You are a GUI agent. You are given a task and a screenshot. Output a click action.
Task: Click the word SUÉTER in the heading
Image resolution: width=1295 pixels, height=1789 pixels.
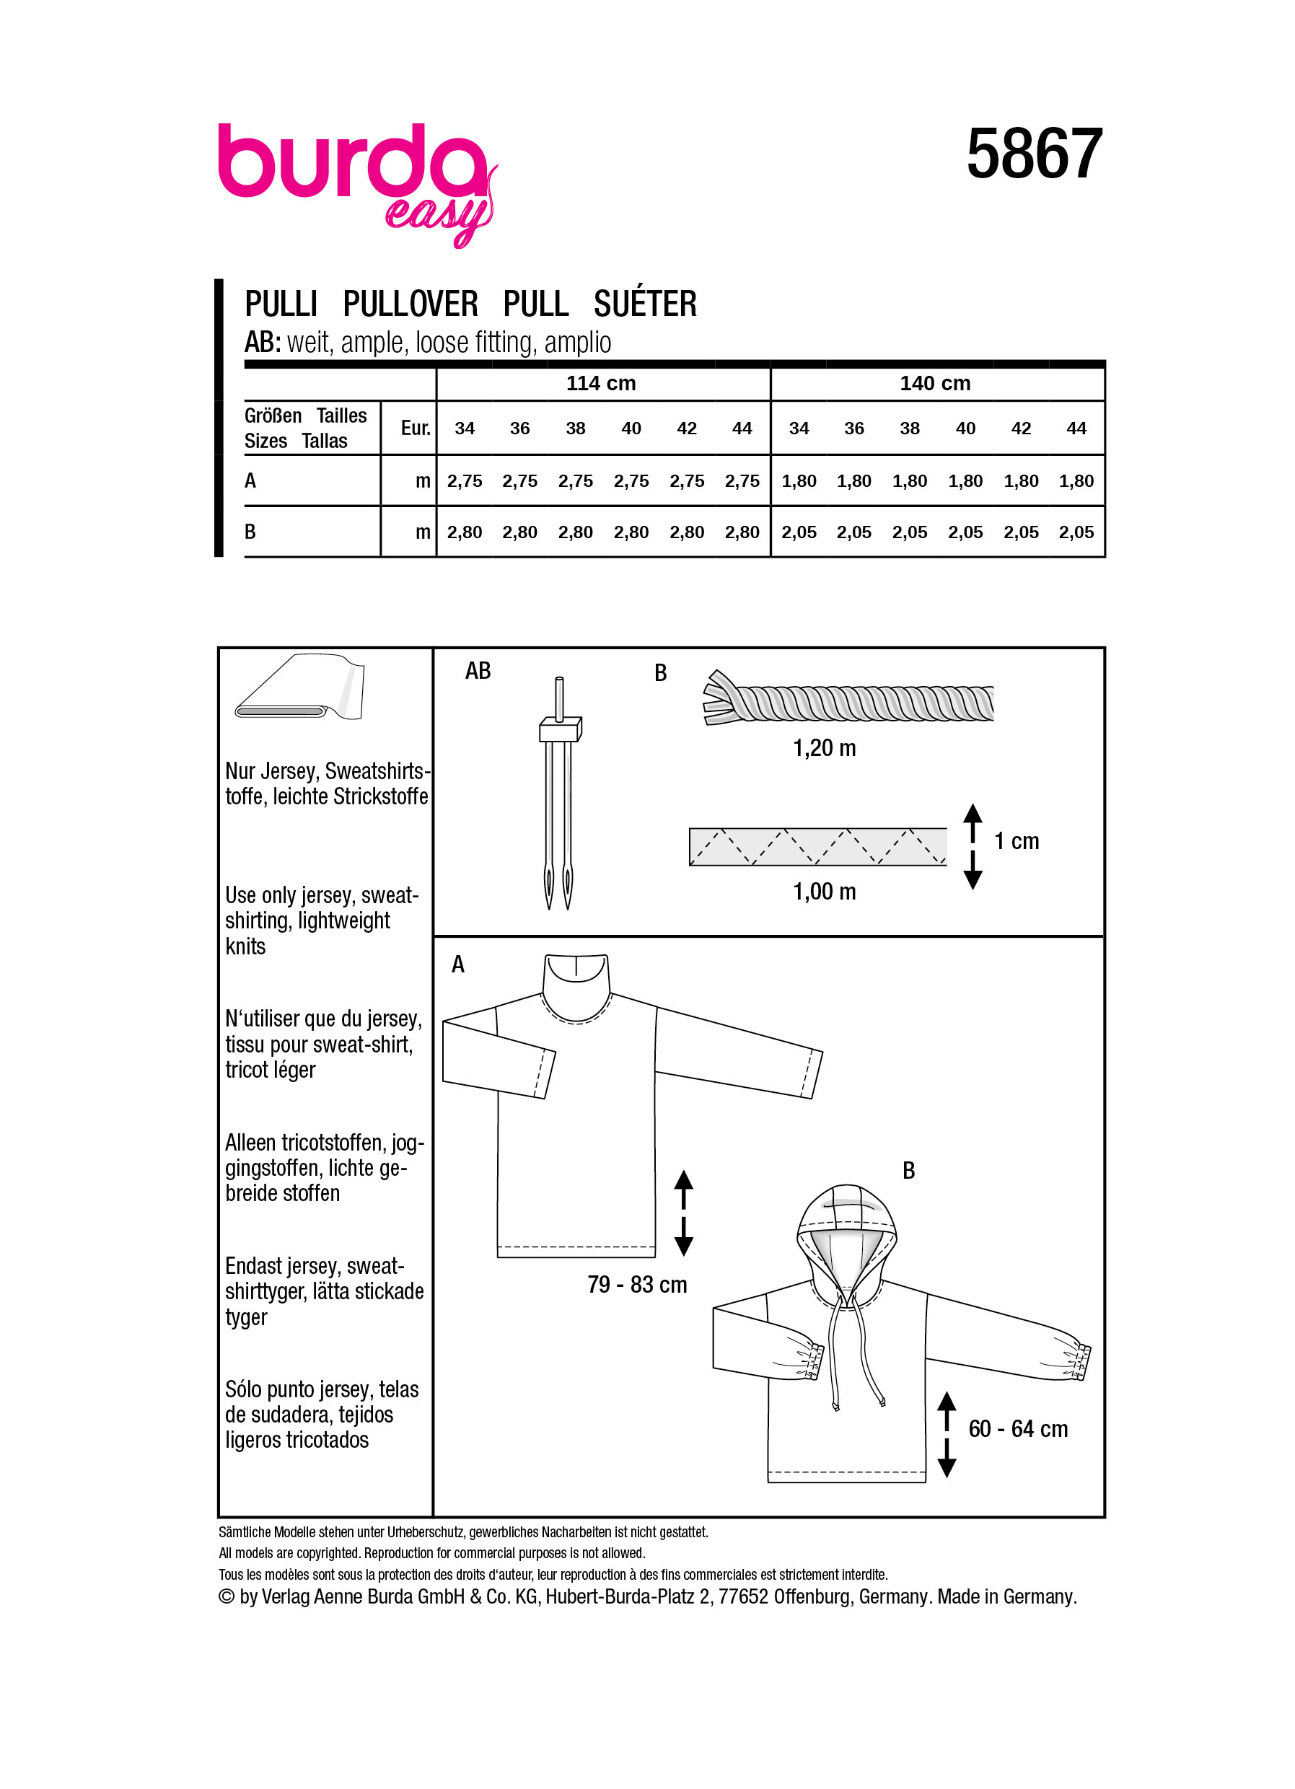tap(644, 304)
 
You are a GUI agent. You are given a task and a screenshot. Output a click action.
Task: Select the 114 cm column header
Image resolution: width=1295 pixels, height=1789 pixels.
tap(600, 383)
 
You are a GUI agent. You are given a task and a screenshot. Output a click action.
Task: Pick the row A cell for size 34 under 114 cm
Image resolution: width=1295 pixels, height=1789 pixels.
tap(464, 481)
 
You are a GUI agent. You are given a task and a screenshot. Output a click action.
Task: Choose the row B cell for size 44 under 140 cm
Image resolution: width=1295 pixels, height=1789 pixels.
tap(1076, 532)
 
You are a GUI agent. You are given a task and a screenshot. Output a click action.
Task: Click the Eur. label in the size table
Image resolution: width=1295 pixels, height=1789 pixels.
tap(415, 428)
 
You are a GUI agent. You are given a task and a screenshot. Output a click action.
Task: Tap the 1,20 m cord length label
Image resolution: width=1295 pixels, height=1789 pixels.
tap(823, 748)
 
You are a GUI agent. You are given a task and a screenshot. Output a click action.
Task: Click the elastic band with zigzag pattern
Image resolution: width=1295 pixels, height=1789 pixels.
tap(817, 846)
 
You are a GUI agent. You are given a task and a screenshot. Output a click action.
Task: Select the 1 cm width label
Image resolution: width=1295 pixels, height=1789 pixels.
tap(1016, 841)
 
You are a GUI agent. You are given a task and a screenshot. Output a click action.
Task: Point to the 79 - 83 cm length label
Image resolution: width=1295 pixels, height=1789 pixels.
tap(636, 1285)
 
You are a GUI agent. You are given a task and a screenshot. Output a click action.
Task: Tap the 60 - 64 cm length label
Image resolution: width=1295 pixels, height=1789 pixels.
tap(1017, 1428)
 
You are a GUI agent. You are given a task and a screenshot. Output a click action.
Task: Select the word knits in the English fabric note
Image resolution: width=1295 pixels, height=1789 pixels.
tap(245, 946)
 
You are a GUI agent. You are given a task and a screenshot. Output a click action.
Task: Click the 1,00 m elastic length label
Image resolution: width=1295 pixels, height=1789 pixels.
tap(823, 892)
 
